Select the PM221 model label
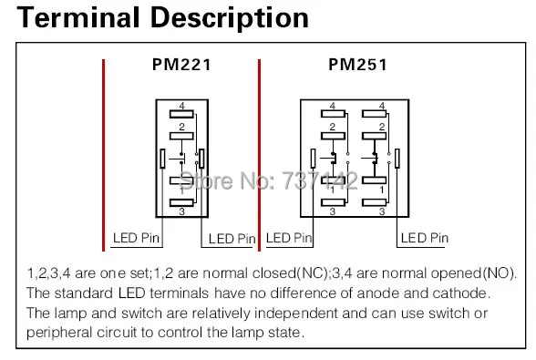[180, 65]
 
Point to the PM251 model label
[356, 65]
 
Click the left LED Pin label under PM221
[136, 239]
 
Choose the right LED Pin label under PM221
[232, 239]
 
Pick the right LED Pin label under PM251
[425, 238]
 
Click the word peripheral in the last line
[64, 332]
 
